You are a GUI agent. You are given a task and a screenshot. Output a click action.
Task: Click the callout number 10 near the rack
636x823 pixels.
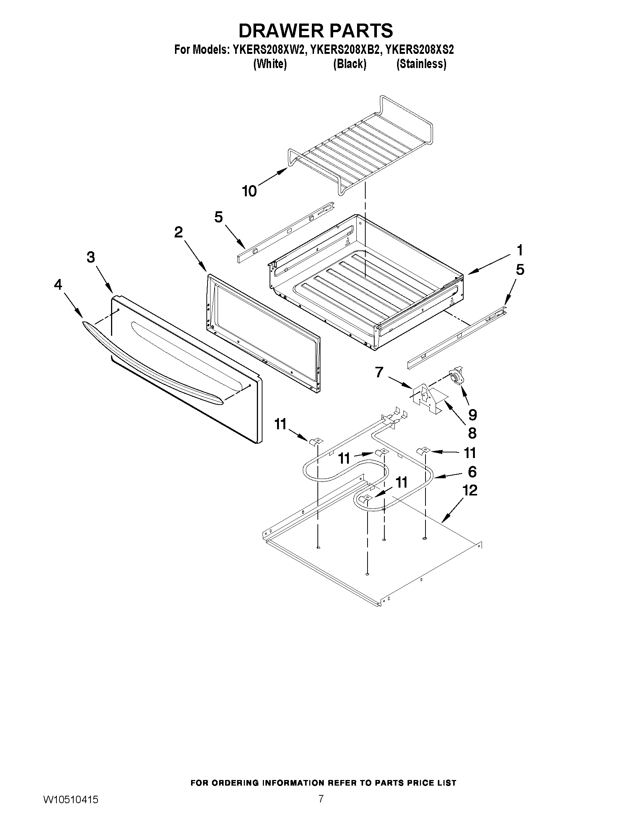click(x=249, y=191)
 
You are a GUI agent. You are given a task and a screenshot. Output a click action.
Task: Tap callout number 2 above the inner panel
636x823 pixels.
click(x=178, y=232)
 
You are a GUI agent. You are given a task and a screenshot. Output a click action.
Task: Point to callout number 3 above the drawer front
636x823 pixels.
click(x=90, y=257)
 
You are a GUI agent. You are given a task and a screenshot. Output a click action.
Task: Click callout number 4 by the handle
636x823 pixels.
click(x=58, y=285)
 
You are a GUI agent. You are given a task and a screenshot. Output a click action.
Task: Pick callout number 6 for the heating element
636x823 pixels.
click(x=472, y=472)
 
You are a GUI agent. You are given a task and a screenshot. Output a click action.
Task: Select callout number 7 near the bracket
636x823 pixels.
click(x=379, y=372)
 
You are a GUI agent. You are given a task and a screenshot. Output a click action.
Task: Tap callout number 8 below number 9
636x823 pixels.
click(x=472, y=433)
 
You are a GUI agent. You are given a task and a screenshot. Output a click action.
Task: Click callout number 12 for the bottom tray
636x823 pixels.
click(x=470, y=490)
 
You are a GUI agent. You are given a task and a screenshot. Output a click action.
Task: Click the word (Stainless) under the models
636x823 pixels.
click(x=421, y=64)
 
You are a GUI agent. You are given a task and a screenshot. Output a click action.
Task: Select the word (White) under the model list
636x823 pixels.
click(x=270, y=64)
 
